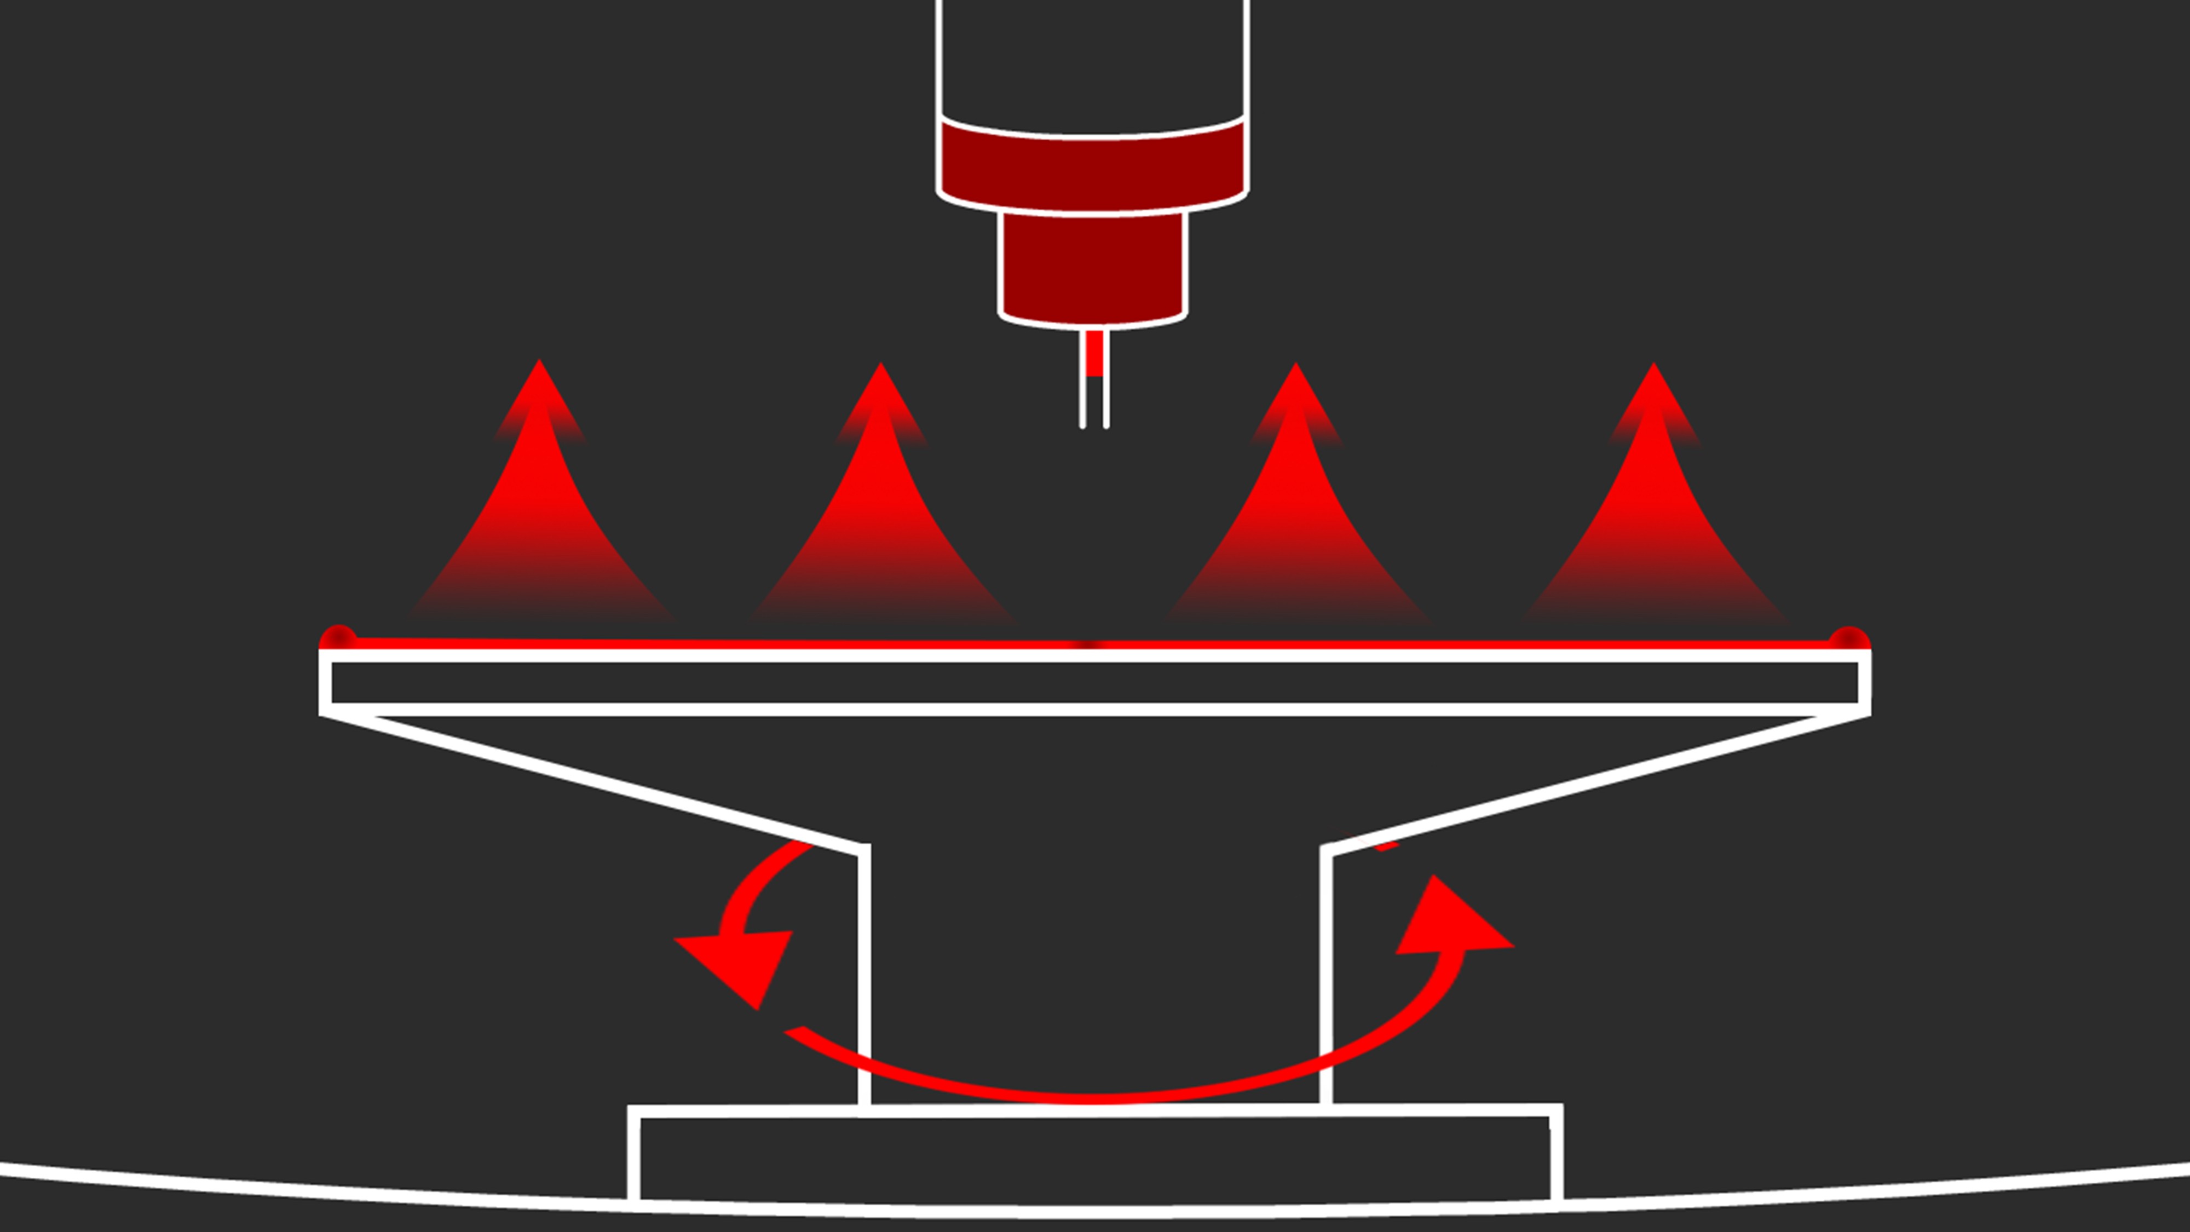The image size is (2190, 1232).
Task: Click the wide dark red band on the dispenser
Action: coord(1092,166)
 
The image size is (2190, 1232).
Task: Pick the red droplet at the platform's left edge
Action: coord(338,638)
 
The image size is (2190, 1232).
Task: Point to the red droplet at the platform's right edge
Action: coord(1848,640)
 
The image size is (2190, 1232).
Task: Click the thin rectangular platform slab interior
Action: coord(1094,683)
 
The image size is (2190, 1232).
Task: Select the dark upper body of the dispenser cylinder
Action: coord(1092,60)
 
